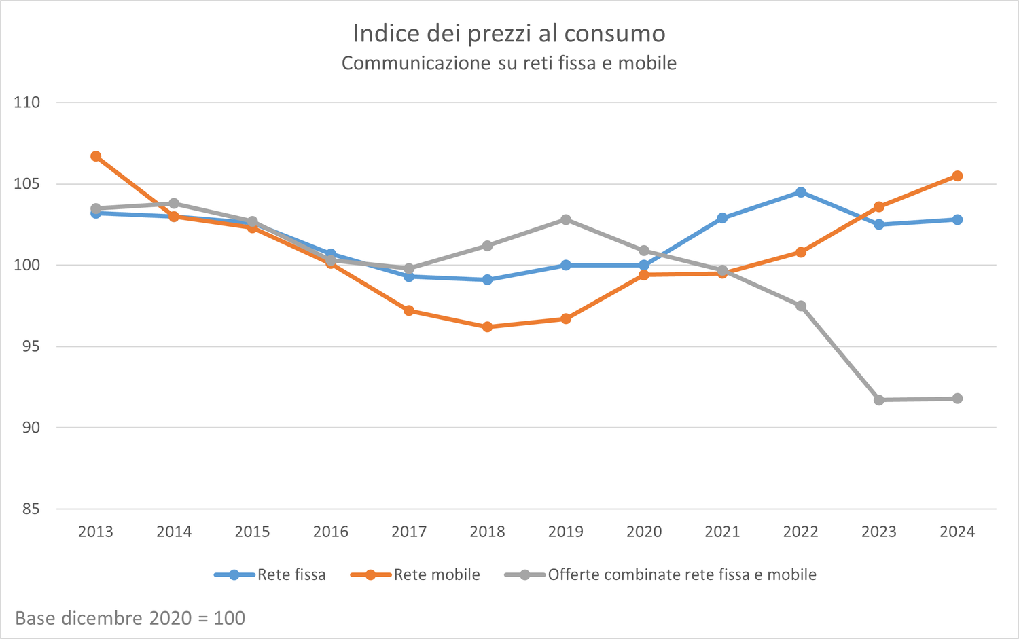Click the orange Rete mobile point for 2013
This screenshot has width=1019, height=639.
click(x=96, y=156)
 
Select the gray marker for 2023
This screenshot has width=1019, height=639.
click(x=879, y=400)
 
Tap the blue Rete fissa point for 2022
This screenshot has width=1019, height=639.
click(x=801, y=192)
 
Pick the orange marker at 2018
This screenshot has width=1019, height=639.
click(x=487, y=327)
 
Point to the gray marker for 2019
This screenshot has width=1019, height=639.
click(x=566, y=219)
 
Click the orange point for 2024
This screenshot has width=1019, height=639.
click(x=957, y=176)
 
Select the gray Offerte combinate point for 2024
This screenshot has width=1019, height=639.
click(x=957, y=399)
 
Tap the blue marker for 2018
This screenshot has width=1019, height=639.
click(x=487, y=280)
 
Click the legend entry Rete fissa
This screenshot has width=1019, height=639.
click(x=291, y=575)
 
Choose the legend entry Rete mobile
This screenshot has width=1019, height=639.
click(x=436, y=575)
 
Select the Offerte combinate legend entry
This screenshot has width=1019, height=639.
click(x=681, y=575)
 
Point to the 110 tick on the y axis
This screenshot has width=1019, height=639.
click(x=27, y=103)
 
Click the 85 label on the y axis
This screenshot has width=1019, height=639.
click(x=31, y=509)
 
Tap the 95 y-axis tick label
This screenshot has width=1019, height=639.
click(x=31, y=346)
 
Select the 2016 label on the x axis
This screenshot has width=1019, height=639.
click(x=331, y=532)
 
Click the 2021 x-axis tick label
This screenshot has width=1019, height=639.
click(x=722, y=532)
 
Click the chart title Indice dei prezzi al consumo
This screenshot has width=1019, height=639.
click(x=509, y=33)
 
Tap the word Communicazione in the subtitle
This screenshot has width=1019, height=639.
click(x=416, y=63)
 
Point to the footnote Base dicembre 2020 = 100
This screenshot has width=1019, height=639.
click(x=130, y=618)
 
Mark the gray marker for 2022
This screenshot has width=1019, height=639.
click(x=801, y=306)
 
